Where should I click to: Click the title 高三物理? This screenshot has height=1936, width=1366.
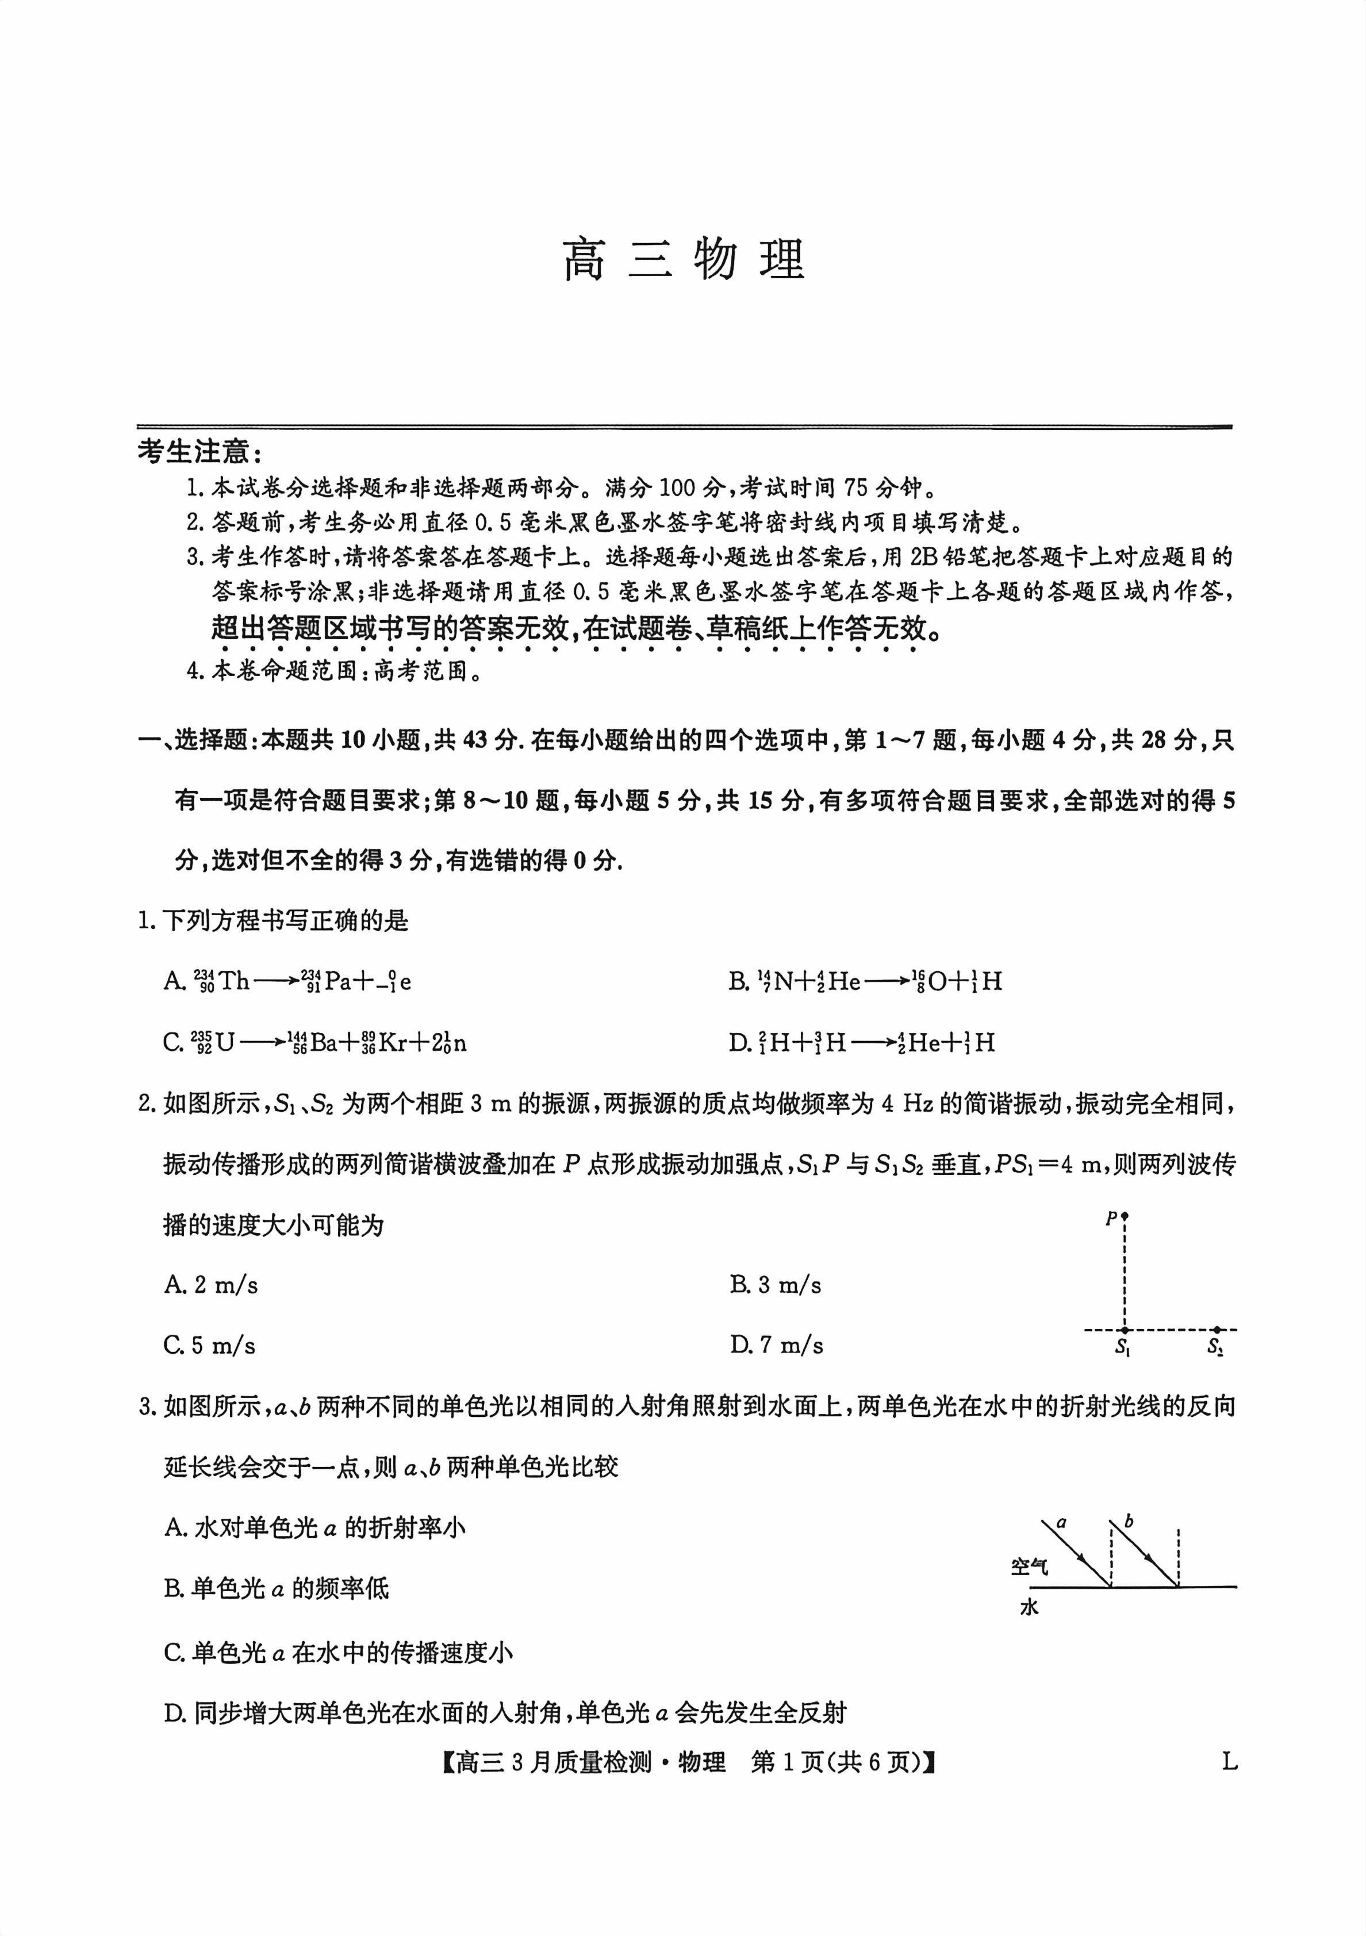pos(683,260)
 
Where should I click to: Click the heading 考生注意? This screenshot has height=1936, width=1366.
pos(200,453)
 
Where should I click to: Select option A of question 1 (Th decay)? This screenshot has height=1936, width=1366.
pos(287,981)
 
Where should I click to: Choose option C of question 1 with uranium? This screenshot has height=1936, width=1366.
pos(314,1043)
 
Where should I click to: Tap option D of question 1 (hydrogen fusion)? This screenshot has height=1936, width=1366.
pos(862,1043)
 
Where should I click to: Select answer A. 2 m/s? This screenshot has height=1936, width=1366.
pos(211,1285)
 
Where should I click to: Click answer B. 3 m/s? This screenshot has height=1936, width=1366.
pos(776,1285)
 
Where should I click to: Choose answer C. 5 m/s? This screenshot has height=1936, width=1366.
pos(210,1345)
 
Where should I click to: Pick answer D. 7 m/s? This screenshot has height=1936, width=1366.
pos(777,1345)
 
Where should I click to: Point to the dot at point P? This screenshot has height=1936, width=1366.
pos(1125,1217)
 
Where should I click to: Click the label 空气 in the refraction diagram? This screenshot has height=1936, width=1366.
pos(1030,1566)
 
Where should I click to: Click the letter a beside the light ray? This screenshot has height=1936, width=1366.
pos(1062,1523)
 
